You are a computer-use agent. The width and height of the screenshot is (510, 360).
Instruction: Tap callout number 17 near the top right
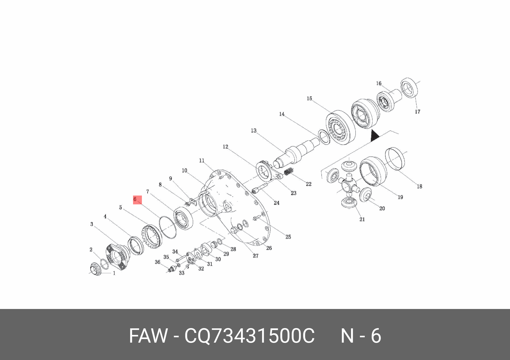coord(417,112)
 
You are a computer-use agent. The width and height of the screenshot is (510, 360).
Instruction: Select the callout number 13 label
coord(254,131)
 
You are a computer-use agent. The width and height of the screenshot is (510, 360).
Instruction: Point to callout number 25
coord(288,237)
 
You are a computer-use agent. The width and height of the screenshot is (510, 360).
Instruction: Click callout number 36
coord(157,262)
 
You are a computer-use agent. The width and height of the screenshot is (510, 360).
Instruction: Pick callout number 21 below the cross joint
coord(362,219)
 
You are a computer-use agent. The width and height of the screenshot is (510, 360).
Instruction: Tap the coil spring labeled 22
coord(289,172)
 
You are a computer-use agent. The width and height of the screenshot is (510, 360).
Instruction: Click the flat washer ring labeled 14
coord(323,137)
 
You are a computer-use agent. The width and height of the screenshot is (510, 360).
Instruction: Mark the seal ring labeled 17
coord(409,88)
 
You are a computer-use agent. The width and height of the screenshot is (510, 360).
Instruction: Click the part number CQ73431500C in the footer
coord(249,335)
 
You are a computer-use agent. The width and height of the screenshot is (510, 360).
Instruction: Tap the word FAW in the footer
coord(148,335)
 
